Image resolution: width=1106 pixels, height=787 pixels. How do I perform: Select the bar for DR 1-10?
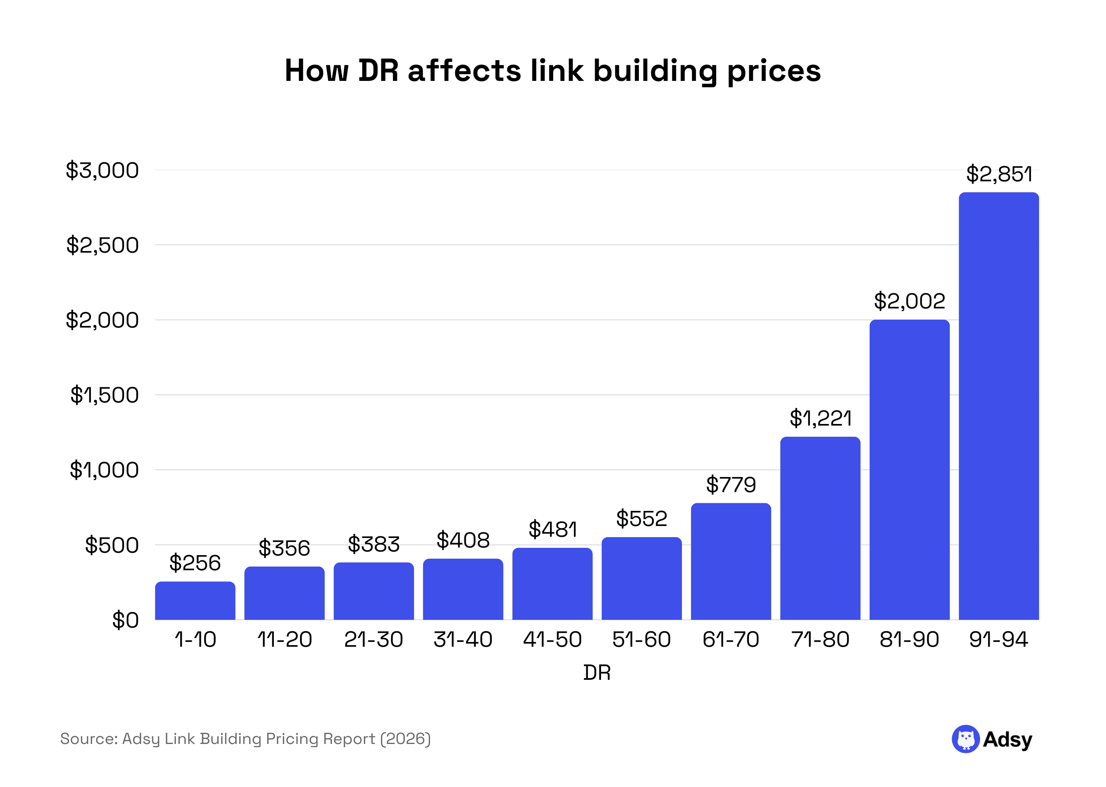(x=195, y=601)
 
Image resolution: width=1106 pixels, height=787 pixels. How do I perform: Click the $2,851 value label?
(x=998, y=173)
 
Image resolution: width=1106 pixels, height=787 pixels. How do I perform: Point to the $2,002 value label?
(x=909, y=301)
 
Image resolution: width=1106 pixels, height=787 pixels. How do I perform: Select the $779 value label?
(x=731, y=485)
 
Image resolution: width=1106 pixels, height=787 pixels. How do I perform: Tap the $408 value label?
(x=463, y=540)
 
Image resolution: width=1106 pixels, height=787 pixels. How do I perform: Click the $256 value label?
(x=195, y=563)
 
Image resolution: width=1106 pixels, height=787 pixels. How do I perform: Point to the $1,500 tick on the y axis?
(x=104, y=395)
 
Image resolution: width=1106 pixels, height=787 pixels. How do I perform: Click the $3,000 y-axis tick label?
(x=102, y=170)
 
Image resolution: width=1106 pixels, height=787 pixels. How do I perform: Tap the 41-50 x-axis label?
(x=552, y=639)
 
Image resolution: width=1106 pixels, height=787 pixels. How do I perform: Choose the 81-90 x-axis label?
(x=909, y=639)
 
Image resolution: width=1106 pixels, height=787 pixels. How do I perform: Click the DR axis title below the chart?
(x=597, y=673)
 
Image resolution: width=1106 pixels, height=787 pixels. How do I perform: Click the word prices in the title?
(x=774, y=71)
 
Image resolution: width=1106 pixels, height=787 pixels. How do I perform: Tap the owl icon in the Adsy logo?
(x=965, y=739)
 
